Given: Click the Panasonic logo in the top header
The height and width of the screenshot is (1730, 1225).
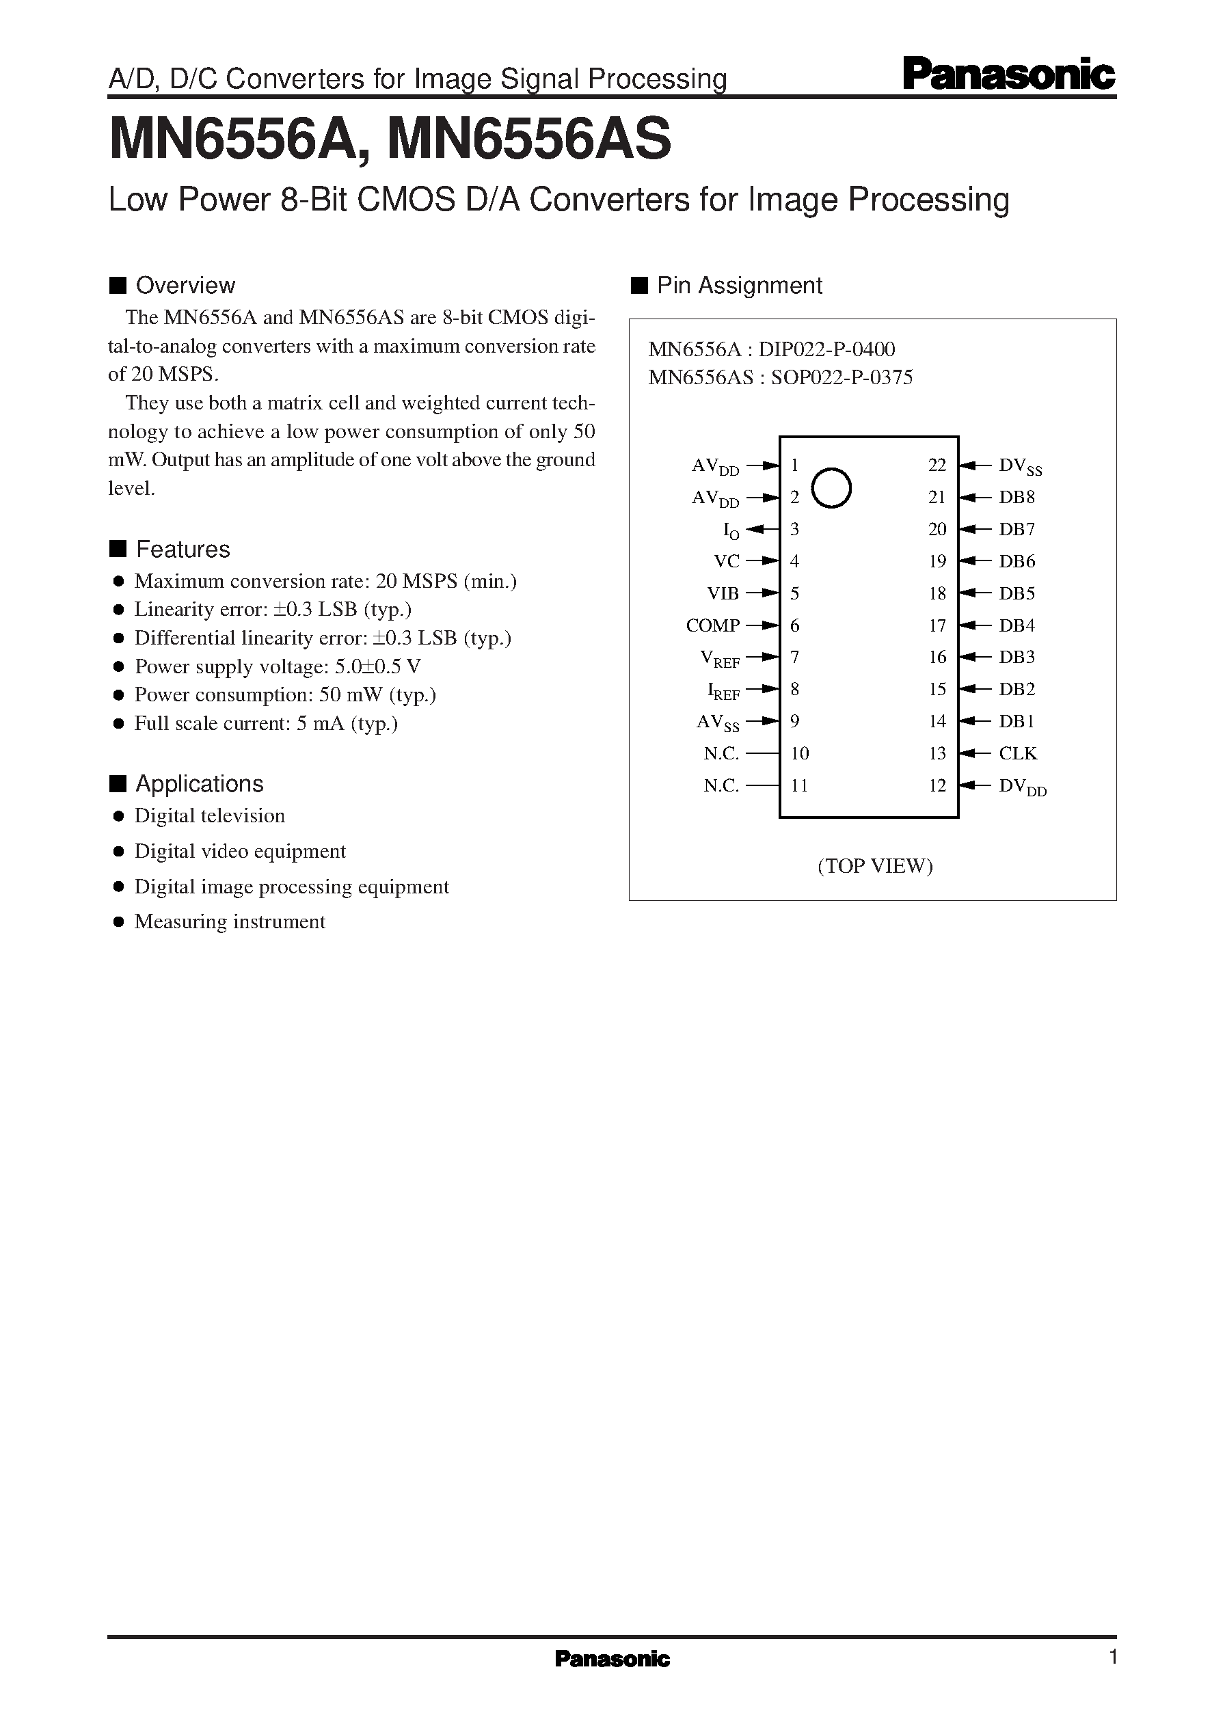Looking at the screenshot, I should click(1008, 75).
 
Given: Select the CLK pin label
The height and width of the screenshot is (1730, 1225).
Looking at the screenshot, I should click(1018, 753).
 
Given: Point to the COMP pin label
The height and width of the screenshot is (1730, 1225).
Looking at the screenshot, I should click(712, 625).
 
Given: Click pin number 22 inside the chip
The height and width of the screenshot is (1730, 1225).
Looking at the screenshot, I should click(937, 465).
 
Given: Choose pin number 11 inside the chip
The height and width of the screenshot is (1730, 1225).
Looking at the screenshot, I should click(800, 786).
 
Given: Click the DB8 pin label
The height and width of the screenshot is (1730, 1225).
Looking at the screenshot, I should click(1017, 497).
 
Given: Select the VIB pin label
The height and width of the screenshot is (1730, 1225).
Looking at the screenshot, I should click(723, 593).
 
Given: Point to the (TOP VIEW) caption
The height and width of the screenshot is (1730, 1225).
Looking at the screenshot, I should click(875, 866).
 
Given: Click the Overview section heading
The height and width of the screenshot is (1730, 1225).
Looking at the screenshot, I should click(185, 286).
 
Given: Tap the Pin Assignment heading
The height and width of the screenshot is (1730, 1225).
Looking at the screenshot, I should click(739, 286).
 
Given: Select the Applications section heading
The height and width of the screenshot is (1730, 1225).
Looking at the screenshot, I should click(199, 784).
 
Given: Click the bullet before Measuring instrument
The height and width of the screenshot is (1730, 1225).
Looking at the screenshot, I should click(118, 922).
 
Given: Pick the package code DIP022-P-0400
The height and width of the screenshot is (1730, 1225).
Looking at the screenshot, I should click(826, 349).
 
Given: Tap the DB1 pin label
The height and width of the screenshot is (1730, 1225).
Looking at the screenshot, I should click(1017, 722).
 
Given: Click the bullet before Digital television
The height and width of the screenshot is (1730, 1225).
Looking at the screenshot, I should click(118, 816).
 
